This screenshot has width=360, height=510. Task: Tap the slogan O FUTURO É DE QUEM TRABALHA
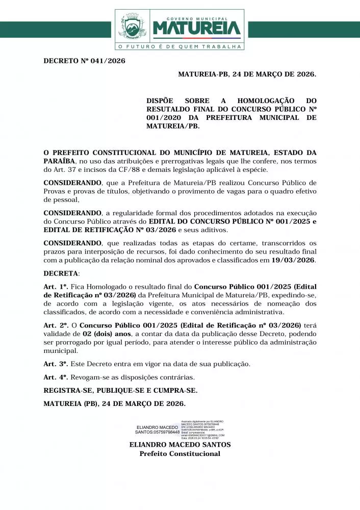click(x=179, y=46)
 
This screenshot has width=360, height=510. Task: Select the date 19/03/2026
click(x=293, y=260)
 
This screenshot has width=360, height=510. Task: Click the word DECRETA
click(x=58, y=273)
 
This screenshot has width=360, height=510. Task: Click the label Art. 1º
click(x=56, y=287)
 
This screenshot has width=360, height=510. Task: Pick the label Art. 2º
click(x=56, y=325)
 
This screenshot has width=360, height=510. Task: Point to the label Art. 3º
click(x=56, y=364)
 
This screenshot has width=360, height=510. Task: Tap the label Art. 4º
click(x=56, y=377)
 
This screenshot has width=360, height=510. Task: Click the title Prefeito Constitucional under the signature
click(x=180, y=453)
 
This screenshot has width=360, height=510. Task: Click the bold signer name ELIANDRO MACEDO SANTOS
click(x=180, y=445)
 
